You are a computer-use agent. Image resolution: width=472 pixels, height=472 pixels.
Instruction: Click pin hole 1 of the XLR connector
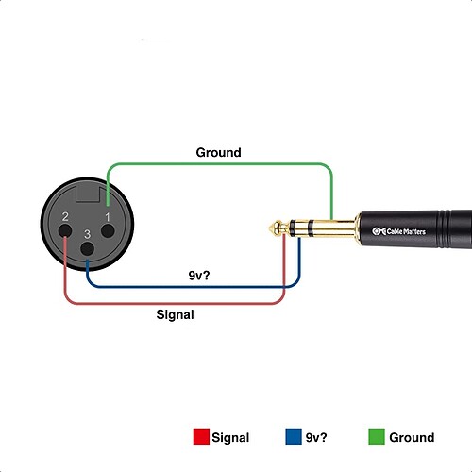click(x=108, y=230)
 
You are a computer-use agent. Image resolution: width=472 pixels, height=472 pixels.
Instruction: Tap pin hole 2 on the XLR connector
click(x=65, y=230)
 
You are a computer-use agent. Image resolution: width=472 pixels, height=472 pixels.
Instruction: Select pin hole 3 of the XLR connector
click(x=87, y=249)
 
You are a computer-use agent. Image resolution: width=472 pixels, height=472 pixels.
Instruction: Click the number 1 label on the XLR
click(x=108, y=217)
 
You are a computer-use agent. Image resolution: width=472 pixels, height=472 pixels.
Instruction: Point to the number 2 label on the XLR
click(x=65, y=216)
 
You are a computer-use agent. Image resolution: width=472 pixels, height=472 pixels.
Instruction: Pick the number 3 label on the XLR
click(x=87, y=234)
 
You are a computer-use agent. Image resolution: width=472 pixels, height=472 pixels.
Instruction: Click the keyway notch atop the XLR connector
click(x=88, y=194)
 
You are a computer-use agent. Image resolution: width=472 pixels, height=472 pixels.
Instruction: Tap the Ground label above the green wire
click(x=218, y=153)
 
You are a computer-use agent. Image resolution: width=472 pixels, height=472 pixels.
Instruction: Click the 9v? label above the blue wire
click(x=199, y=276)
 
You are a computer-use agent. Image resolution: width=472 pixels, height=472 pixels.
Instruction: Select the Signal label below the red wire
click(x=175, y=315)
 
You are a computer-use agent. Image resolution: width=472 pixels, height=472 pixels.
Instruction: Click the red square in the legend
click(x=201, y=436)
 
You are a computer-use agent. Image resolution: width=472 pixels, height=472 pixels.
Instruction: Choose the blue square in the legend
click(x=294, y=436)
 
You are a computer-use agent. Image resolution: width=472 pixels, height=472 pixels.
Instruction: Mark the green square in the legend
click(x=377, y=436)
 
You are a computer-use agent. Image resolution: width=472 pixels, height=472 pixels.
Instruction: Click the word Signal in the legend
click(x=230, y=438)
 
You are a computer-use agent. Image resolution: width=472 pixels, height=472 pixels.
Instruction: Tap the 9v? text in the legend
click(x=316, y=437)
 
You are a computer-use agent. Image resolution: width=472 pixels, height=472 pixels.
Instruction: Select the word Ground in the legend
click(x=412, y=437)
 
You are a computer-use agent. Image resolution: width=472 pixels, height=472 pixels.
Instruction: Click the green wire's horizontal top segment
click(x=219, y=164)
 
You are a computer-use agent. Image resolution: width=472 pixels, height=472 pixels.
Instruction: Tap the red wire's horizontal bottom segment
click(x=175, y=303)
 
